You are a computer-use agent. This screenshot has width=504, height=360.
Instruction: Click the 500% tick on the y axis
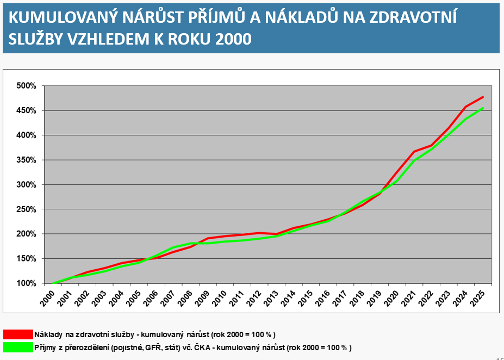(x=26, y=86)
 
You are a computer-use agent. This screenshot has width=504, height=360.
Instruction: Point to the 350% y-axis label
(x=26, y=160)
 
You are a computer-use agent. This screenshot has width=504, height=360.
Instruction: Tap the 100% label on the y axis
(x=26, y=283)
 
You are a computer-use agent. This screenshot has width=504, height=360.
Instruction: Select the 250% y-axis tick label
(x=26, y=209)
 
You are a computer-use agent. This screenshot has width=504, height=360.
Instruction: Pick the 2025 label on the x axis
(x=479, y=297)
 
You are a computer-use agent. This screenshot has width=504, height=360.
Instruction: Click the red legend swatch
(x=18, y=334)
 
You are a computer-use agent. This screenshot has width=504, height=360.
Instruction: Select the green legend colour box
(x=18, y=347)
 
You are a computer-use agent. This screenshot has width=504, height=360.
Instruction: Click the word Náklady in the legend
(x=47, y=334)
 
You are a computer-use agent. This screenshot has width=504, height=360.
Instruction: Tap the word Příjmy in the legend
(x=46, y=347)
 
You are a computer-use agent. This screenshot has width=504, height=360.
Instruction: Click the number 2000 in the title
(x=233, y=40)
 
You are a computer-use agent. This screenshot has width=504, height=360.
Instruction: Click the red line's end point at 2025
(x=483, y=97)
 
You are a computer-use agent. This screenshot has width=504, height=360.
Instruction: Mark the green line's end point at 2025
(x=483, y=108)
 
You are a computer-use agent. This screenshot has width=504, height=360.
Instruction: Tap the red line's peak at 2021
(x=414, y=151)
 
